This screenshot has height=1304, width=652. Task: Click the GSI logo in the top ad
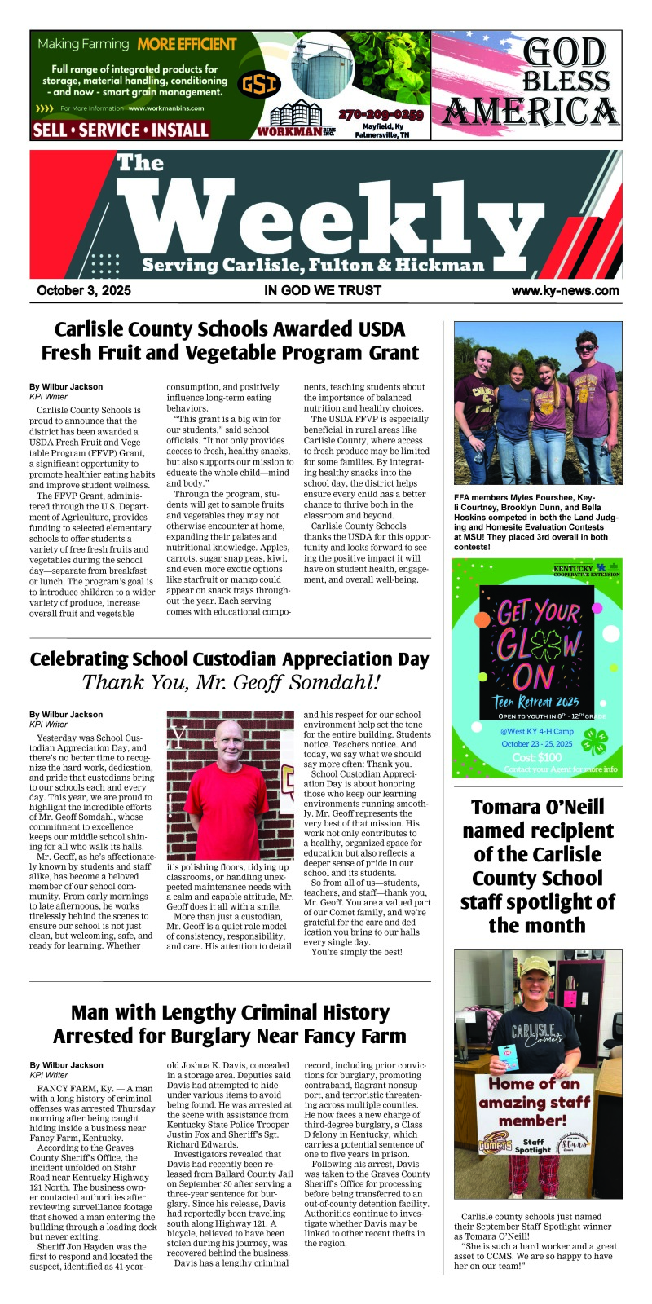(x=259, y=83)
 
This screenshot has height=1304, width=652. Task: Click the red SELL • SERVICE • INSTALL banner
(x=121, y=130)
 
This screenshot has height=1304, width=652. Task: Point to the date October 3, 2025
(x=83, y=290)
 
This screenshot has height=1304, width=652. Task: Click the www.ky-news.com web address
(x=565, y=290)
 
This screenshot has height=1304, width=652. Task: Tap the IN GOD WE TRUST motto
(x=323, y=290)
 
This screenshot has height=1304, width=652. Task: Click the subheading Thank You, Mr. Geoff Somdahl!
(x=231, y=682)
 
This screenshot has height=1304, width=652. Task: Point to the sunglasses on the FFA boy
(x=586, y=348)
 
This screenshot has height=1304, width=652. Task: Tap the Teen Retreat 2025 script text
(x=536, y=701)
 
